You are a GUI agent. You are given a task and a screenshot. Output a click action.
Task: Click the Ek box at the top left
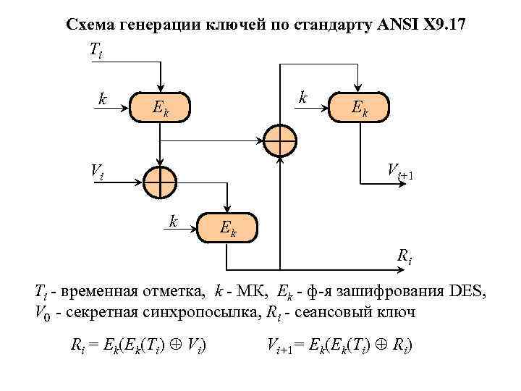click(x=161, y=108)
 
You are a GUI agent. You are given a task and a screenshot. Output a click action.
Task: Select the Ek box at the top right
click(x=358, y=107)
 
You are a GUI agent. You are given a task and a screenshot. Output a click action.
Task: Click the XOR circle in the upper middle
click(x=279, y=140)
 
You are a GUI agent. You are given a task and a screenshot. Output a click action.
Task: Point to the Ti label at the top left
click(x=96, y=51)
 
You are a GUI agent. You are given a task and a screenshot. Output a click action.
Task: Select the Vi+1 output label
click(x=399, y=172)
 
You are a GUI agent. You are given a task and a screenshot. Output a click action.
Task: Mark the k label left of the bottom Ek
click(x=174, y=220)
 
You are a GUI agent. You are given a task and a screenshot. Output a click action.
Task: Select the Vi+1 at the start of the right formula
click(x=279, y=345)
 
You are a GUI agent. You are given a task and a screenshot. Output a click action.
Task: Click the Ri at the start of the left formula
click(x=77, y=345)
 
